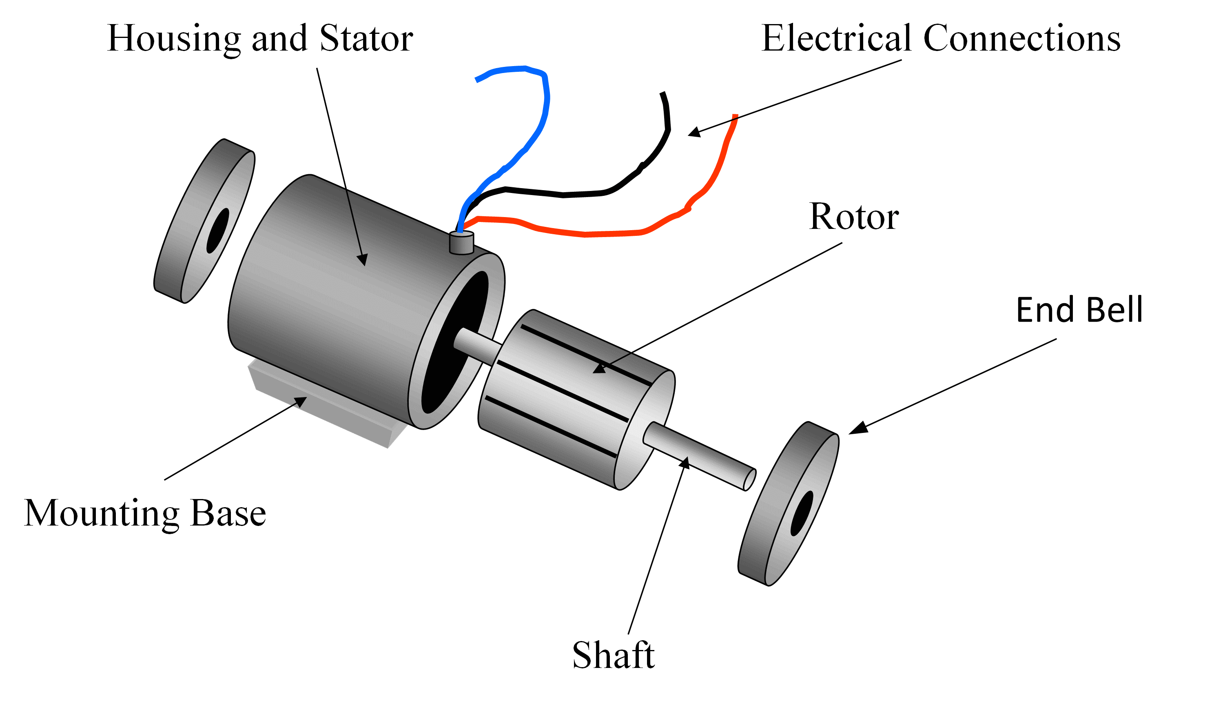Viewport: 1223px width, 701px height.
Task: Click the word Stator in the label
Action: point(366,38)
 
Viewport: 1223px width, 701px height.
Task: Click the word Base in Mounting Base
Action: point(228,513)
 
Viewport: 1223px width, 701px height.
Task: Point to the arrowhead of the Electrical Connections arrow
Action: point(694,132)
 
